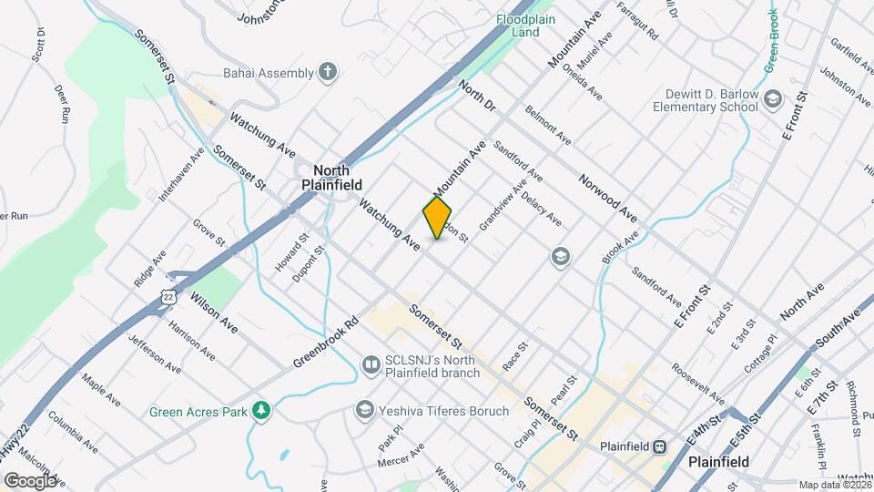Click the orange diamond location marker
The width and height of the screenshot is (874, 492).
(438, 218)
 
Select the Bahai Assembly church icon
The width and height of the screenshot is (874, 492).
(328, 71)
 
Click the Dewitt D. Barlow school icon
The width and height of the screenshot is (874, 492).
(773, 98)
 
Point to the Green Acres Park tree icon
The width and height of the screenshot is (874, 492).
(262, 411)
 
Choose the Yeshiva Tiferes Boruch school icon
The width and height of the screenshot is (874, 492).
(366, 411)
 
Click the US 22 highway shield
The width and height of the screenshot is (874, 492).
(168, 297)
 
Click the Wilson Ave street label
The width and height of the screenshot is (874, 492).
(214, 312)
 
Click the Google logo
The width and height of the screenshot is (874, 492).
(30, 480)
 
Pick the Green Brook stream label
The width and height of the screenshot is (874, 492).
(772, 41)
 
